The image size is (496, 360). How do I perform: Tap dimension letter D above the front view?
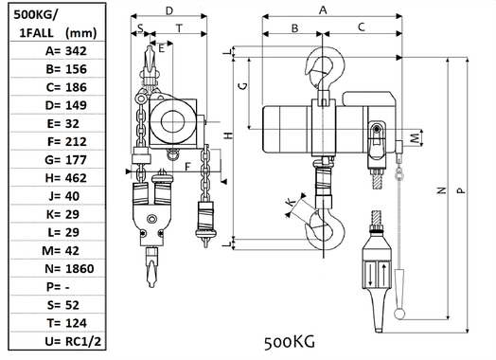168,10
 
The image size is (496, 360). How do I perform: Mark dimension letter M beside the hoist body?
419,139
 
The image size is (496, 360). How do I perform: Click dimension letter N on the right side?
440,189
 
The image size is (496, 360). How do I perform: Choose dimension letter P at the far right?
460,189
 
